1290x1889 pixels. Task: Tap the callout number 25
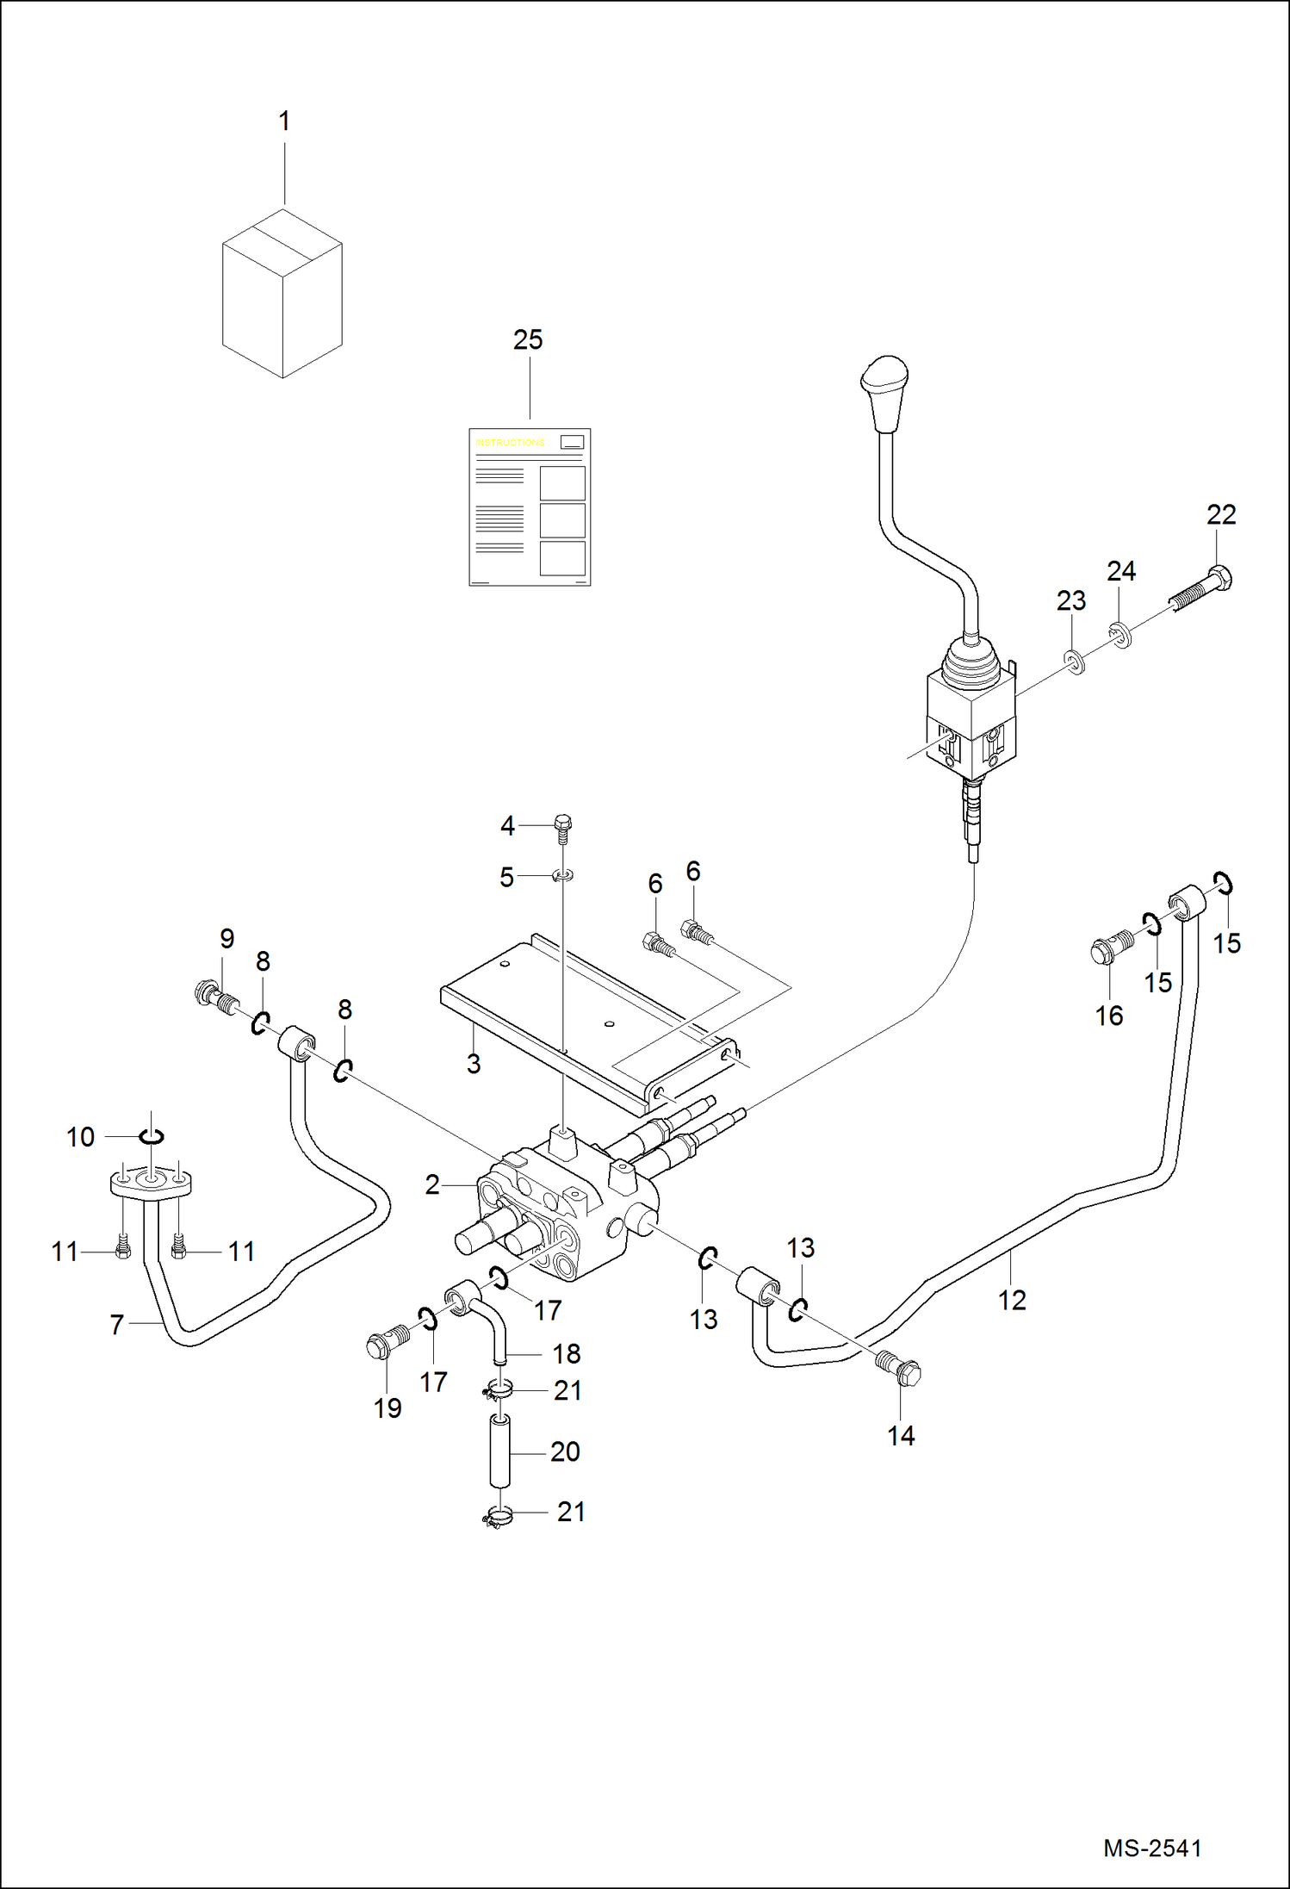[x=528, y=340]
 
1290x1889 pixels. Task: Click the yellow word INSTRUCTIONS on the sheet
[x=511, y=443]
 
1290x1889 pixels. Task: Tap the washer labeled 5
[x=563, y=876]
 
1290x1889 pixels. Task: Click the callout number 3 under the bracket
[x=474, y=1065]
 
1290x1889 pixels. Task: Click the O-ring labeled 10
[x=152, y=1137]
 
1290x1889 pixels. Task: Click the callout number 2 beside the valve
[x=432, y=1185]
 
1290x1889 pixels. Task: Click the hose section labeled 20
[x=499, y=1451]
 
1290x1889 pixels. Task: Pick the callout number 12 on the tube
[x=1012, y=1301]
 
